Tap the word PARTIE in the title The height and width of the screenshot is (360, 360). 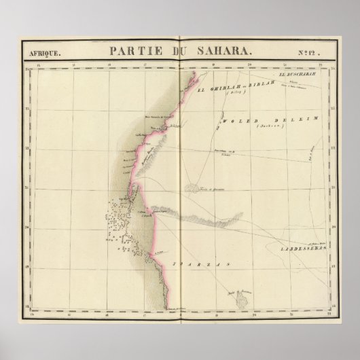128,50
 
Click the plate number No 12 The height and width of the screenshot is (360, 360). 312,51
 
